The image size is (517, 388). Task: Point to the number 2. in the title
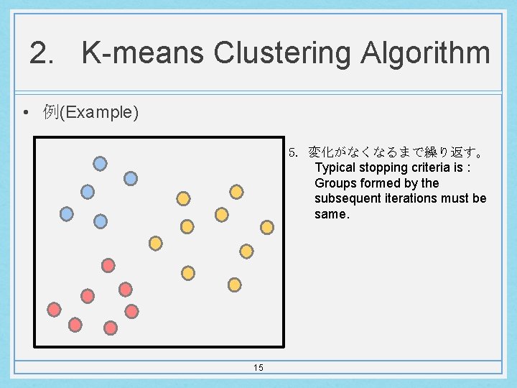coord(42,53)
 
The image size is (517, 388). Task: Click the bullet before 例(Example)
coord(25,113)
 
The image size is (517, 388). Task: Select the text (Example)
coord(99,113)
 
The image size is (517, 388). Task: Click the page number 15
coord(258,368)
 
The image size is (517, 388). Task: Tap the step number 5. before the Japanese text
coord(293,152)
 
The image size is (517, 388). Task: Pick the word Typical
coord(337,167)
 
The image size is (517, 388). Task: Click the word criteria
coord(436,167)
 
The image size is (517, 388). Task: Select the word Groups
coord(335,183)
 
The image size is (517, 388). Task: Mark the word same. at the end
coord(332,214)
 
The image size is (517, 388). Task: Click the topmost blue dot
coord(101,163)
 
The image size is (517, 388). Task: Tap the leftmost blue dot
coord(66,214)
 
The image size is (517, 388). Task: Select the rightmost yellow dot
coord(267,227)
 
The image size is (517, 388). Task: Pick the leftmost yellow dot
coord(155,244)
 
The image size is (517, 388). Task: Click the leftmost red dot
coord(54,310)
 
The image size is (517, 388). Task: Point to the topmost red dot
coord(108,265)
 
